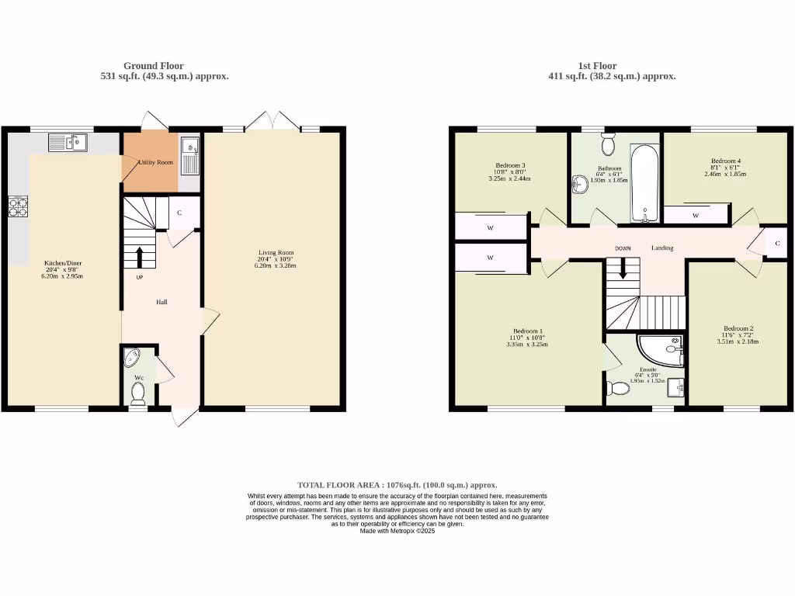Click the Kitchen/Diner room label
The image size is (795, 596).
click(62, 269)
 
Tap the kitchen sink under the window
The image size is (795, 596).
click(68, 142)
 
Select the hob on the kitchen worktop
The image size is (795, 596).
click(17, 206)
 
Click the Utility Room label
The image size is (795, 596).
click(155, 162)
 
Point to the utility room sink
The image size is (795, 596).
click(189, 154)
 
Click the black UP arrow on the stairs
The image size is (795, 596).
click(140, 256)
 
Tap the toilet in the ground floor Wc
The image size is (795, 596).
click(138, 394)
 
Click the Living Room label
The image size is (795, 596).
click(276, 259)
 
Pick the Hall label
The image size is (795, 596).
click(162, 302)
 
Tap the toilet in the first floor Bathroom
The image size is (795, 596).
click(608, 144)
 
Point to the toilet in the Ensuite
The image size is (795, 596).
click(620, 388)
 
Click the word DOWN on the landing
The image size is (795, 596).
click(623, 248)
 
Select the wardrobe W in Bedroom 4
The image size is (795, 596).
click(696, 215)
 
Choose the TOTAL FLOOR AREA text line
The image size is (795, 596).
click(397, 485)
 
